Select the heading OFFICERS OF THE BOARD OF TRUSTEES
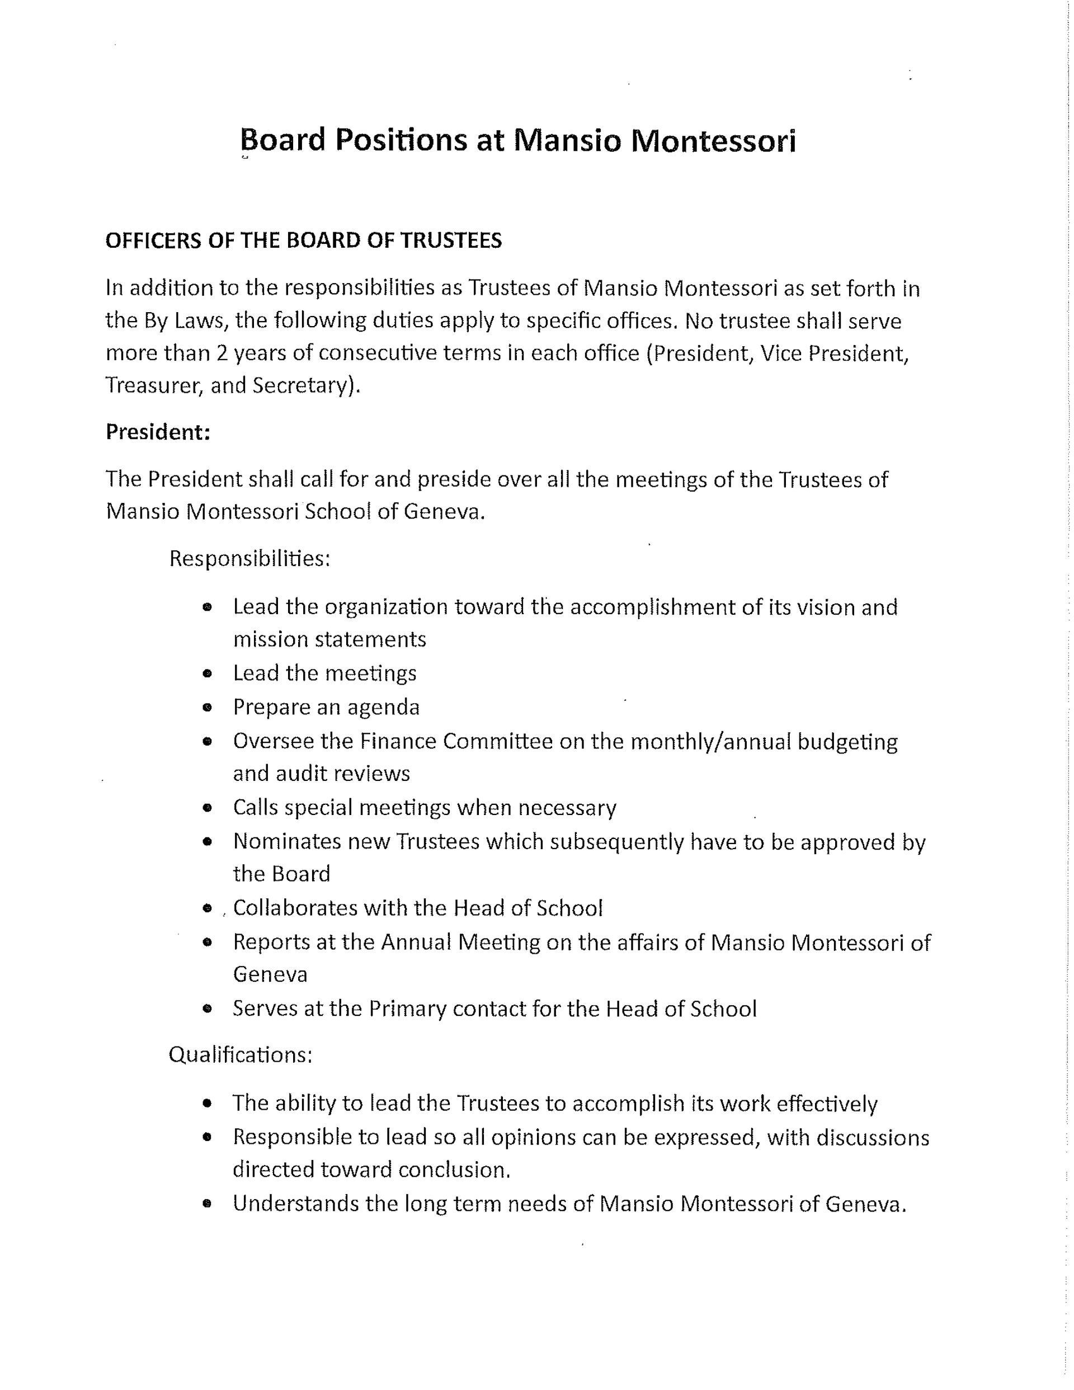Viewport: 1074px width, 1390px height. (x=304, y=241)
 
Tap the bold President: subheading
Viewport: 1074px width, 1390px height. (x=158, y=432)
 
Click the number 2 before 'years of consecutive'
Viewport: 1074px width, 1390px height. (x=222, y=353)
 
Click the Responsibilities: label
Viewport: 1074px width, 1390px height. (x=249, y=559)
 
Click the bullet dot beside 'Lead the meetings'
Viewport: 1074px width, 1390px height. (x=207, y=673)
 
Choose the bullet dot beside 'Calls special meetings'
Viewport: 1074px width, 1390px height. (x=207, y=808)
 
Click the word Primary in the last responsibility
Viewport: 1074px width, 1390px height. (x=407, y=1009)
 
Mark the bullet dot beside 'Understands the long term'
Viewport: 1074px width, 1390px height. (x=207, y=1204)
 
